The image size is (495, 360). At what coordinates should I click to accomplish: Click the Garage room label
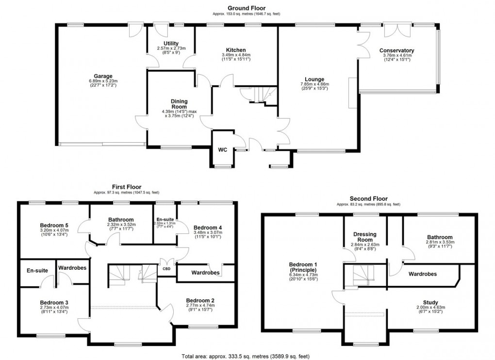coord(103,76)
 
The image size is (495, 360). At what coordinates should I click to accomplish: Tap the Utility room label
coord(171,44)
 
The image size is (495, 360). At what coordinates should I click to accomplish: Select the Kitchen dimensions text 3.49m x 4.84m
coord(236,55)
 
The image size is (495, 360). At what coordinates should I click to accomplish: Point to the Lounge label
coord(314,80)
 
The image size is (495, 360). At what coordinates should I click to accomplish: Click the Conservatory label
coord(396,50)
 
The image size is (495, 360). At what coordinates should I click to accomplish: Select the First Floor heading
coord(126,187)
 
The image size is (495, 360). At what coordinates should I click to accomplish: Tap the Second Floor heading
coord(368,198)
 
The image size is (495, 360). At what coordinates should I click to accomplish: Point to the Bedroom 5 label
coord(54,225)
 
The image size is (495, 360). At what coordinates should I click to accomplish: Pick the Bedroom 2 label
coord(199,300)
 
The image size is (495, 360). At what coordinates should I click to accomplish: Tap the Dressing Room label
coord(365,236)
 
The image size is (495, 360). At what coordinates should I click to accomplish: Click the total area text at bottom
coord(247,356)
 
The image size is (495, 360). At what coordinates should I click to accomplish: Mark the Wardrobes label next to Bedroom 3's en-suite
coord(72,267)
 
